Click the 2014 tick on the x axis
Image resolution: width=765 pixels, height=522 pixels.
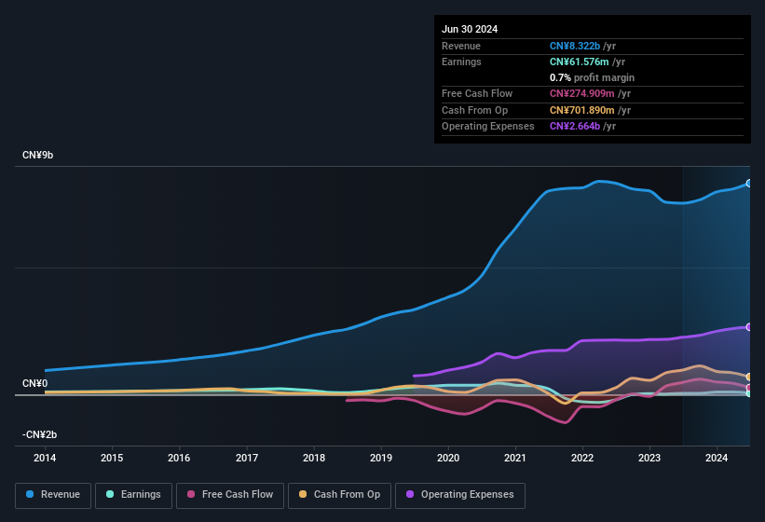pyautogui.click(x=45, y=458)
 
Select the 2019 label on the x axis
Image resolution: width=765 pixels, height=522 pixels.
pyautogui.click(x=381, y=458)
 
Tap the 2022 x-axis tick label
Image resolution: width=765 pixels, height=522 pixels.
pyautogui.click(x=582, y=458)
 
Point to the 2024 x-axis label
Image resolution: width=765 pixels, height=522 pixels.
pyautogui.click(x=717, y=458)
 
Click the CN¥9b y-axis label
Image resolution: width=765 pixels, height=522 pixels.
pyautogui.click(x=38, y=155)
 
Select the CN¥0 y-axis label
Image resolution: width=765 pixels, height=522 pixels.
pyautogui.click(x=34, y=383)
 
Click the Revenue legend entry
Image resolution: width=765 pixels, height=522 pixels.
pyautogui.click(x=53, y=495)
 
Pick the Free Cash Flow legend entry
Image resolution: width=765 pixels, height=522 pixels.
pyautogui.click(x=230, y=495)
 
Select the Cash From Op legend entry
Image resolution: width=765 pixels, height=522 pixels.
pyautogui.click(x=338, y=495)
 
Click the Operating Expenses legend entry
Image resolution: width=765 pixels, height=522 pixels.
pyautogui.click(x=459, y=495)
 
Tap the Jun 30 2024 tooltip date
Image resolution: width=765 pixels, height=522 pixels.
pyautogui.click(x=470, y=29)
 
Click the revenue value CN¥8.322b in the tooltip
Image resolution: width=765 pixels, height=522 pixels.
pyautogui.click(x=575, y=46)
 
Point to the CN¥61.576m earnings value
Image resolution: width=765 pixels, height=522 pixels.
pyautogui.click(x=581, y=62)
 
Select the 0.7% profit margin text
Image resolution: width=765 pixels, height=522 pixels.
pyautogui.click(x=592, y=77)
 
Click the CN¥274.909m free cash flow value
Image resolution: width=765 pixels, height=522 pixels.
pyautogui.click(x=583, y=93)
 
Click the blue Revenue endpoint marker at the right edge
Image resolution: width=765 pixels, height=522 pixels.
pyautogui.click(x=748, y=184)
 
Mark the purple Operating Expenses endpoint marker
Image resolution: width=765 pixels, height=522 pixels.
pyautogui.click(x=748, y=327)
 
